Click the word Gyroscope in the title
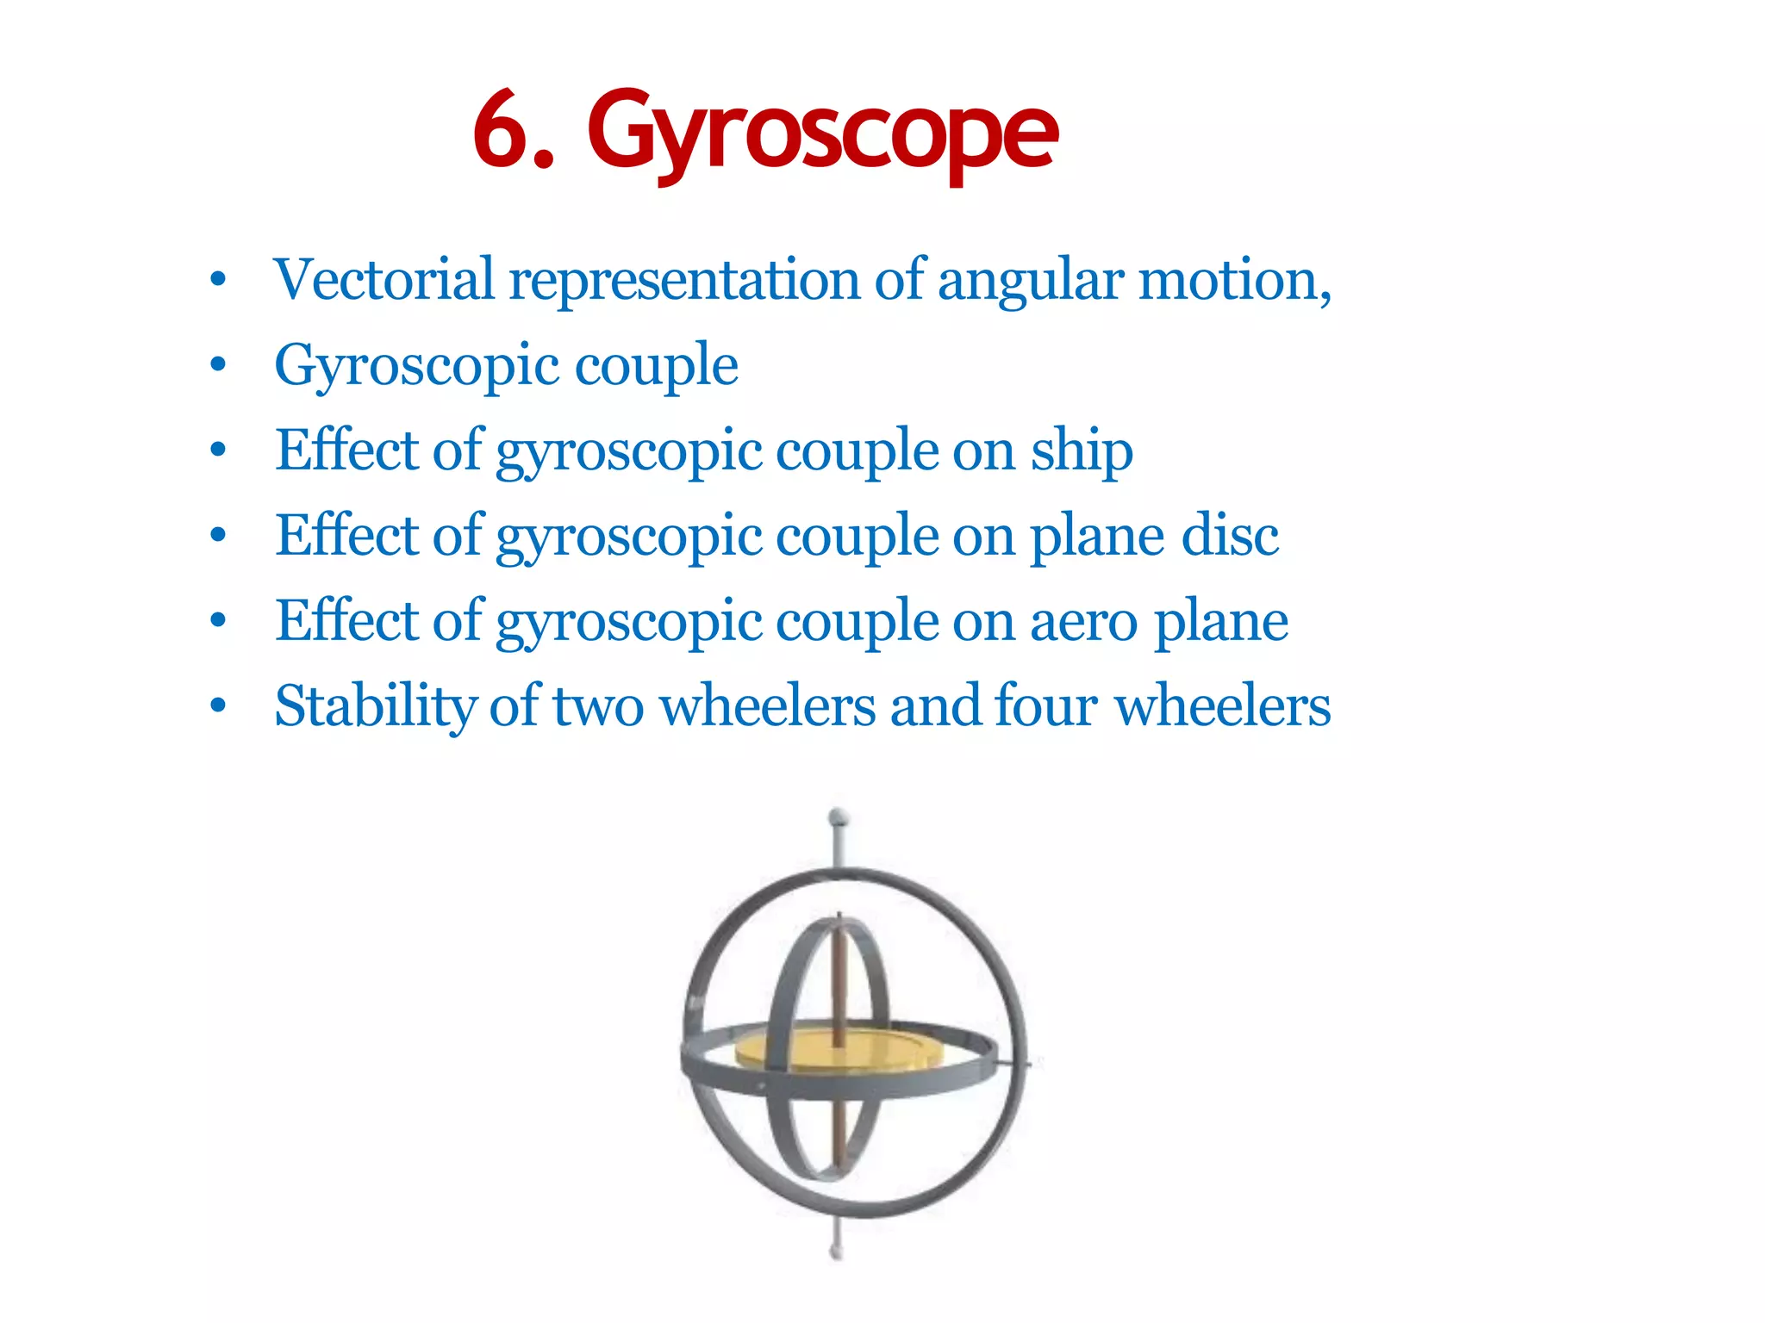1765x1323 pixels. click(x=823, y=134)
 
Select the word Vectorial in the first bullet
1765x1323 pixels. click(x=384, y=280)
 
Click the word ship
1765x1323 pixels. click(x=1082, y=451)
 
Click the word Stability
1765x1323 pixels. click(x=374, y=706)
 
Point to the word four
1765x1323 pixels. click(x=1045, y=706)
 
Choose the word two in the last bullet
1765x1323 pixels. click(x=598, y=706)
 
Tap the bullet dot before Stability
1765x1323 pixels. click(x=218, y=706)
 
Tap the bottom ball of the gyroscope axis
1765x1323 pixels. click(x=835, y=1251)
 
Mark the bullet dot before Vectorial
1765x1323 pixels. click(x=218, y=281)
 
